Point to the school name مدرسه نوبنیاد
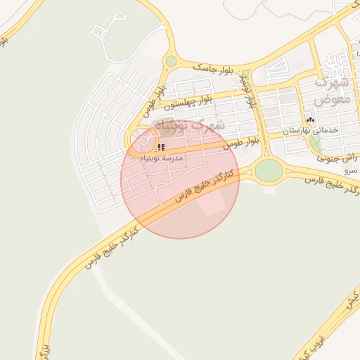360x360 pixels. (162, 159)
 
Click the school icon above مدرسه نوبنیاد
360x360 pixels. (161, 148)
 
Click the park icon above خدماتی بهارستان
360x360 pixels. (310, 120)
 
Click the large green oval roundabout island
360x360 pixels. (268, 170)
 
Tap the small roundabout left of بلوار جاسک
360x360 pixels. (171, 62)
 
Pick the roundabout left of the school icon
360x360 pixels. (144, 141)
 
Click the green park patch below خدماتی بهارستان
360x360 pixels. (316, 143)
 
